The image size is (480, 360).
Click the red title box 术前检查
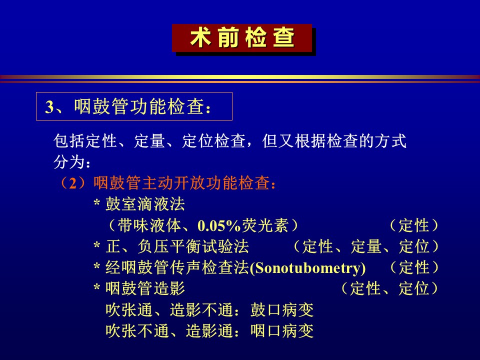click(242, 38)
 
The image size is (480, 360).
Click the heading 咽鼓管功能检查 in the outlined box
click(139, 107)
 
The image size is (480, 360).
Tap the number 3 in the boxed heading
click(49, 107)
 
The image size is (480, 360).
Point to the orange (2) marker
click(73, 183)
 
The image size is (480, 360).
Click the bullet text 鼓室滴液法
click(145, 204)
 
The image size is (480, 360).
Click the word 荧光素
click(265, 225)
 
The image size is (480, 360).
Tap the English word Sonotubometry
click(307, 268)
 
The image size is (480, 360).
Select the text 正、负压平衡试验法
click(177, 246)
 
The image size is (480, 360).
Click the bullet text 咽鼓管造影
click(145, 288)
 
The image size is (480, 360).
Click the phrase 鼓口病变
click(282, 310)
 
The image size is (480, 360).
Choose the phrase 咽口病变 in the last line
click(282, 331)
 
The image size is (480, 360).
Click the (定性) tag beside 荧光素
click(413, 225)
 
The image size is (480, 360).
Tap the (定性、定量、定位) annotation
click(365, 246)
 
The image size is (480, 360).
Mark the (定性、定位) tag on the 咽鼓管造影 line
click(389, 288)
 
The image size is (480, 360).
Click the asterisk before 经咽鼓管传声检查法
click(97, 267)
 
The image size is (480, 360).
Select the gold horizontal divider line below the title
click(240, 77)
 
